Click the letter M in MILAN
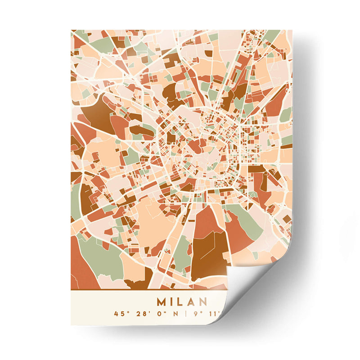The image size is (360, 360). coord(161,301)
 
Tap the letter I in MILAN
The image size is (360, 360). coord(171,301)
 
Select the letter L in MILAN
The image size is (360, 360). coord(180,301)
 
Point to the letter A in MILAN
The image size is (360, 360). coord(191,301)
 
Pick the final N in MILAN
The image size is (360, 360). coord(202,301)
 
